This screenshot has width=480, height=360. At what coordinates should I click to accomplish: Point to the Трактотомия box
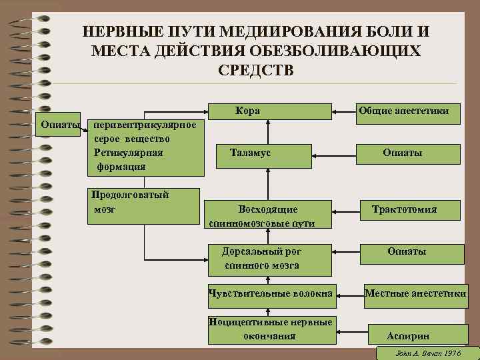[x=409, y=210]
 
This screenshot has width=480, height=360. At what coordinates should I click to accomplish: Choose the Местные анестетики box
[x=415, y=293]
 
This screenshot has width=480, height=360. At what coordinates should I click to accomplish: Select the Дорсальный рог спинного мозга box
[x=270, y=259]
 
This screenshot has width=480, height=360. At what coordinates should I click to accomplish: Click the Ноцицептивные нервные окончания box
[x=270, y=329]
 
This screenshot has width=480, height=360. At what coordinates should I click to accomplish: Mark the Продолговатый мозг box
[x=143, y=206]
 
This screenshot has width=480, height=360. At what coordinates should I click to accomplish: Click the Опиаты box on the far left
[x=61, y=125]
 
